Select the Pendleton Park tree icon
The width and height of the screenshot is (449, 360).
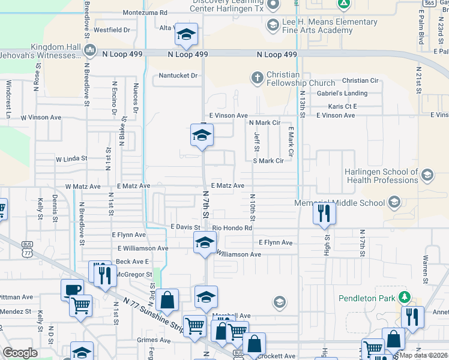point(405,297)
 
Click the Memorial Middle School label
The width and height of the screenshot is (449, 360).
point(340,203)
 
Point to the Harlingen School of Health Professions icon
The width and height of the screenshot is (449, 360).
point(427,175)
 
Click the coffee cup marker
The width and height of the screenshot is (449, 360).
point(72,289)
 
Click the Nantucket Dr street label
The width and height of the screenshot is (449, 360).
point(178,76)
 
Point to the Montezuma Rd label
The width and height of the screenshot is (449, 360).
point(145,12)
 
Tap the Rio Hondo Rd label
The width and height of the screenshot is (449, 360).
point(232,228)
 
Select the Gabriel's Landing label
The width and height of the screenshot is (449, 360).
point(342,93)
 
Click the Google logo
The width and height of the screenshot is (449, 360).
point(20,353)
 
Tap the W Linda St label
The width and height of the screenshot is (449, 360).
point(71,160)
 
